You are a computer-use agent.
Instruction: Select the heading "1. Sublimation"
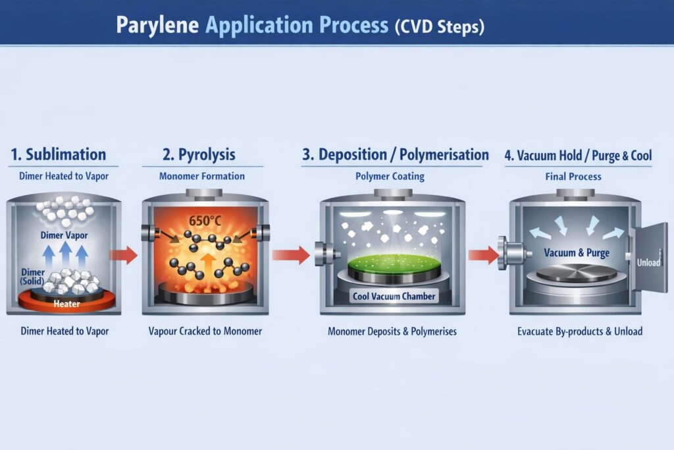coord(58,154)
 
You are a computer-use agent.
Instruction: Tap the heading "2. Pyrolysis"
coord(199,155)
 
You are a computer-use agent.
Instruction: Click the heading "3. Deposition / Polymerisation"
coord(395,155)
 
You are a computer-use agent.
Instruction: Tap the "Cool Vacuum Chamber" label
coord(394,296)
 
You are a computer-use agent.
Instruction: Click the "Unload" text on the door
coord(649,262)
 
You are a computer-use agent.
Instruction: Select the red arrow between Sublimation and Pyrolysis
coord(123,254)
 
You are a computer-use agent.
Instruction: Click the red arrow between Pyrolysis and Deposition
coord(290,254)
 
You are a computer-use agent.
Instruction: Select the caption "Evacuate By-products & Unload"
coord(579,331)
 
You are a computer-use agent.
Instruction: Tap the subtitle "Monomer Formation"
coord(202,177)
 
